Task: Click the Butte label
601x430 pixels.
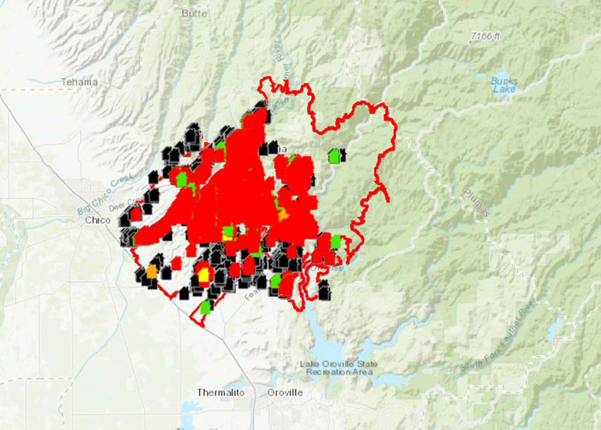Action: pyautogui.click(x=194, y=13)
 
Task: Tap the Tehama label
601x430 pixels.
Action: pyautogui.click(x=79, y=82)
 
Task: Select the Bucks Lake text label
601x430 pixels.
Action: pyautogui.click(x=504, y=85)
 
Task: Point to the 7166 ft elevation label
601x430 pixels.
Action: pyautogui.click(x=485, y=36)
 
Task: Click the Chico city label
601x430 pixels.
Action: pyautogui.click(x=98, y=220)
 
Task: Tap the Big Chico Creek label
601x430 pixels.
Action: pyautogui.click(x=106, y=194)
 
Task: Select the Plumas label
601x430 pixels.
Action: pyautogui.click(x=476, y=202)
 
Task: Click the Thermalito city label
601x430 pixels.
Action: pyautogui.click(x=221, y=392)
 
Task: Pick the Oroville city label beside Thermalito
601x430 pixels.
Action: pyautogui.click(x=285, y=392)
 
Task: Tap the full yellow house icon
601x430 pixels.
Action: pyautogui.click(x=204, y=275)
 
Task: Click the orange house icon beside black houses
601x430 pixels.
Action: pyautogui.click(x=152, y=272)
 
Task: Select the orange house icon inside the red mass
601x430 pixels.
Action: pyautogui.click(x=283, y=215)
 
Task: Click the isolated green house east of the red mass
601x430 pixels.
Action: pyautogui.click(x=334, y=156)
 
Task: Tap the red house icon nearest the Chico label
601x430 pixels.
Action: pyautogui.click(x=136, y=214)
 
